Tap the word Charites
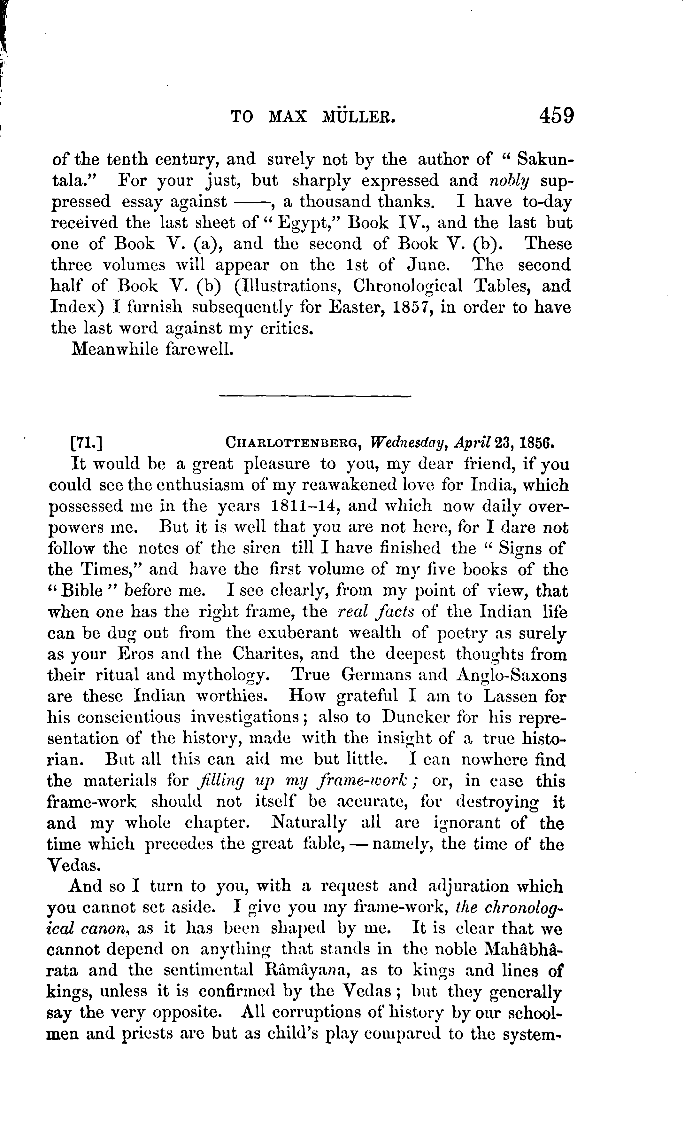coord(266,654)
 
